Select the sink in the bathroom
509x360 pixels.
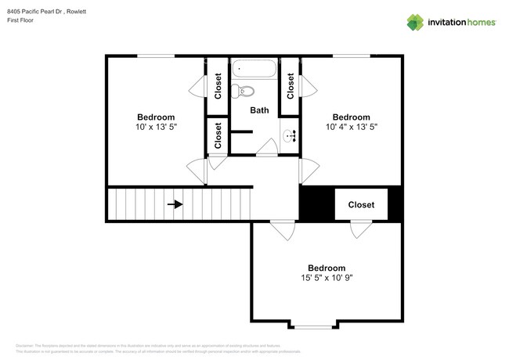click(x=291, y=135)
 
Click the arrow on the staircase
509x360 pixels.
click(x=175, y=205)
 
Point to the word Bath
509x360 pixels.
click(x=259, y=110)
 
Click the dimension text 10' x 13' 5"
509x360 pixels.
click(x=156, y=127)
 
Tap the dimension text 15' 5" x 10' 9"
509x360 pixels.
click(x=327, y=277)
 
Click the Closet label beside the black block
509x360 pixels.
click(x=361, y=205)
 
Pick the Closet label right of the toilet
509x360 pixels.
click(x=291, y=85)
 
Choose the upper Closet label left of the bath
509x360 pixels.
click(x=218, y=85)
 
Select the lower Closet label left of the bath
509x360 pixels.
click(x=218, y=135)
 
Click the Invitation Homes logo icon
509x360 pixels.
click(x=417, y=23)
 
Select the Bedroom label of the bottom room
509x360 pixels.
click(x=327, y=267)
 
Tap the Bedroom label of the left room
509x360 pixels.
click(x=156, y=117)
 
